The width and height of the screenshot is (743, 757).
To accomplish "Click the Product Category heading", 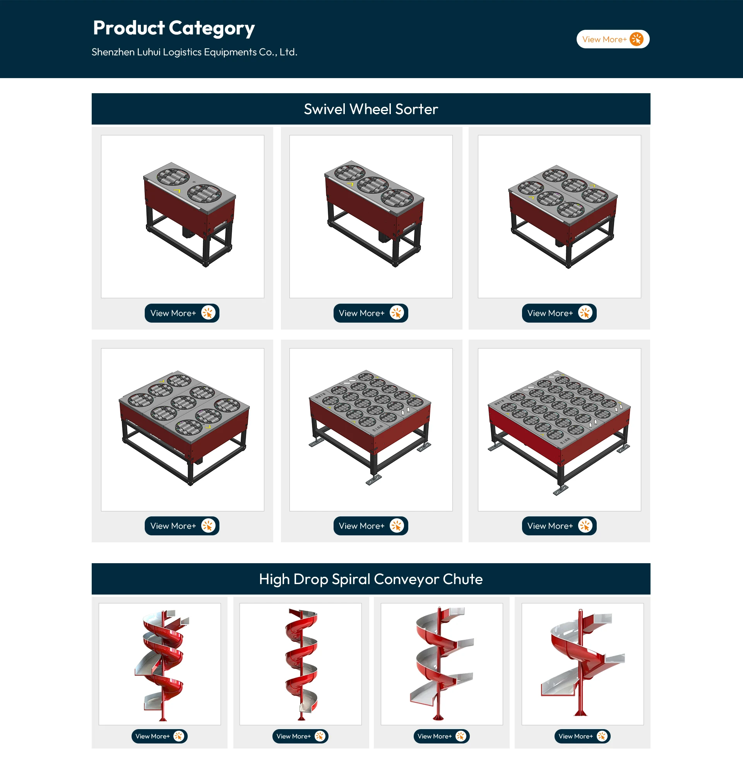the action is (x=174, y=28).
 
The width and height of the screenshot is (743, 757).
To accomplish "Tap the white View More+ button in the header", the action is (x=613, y=39).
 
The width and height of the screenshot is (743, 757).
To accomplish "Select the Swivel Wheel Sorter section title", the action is (x=371, y=109).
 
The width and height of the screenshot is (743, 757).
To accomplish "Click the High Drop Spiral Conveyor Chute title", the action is (x=371, y=579).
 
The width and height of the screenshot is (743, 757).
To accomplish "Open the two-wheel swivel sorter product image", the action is (x=183, y=217).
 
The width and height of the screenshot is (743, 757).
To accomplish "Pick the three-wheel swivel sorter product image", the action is (x=371, y=217).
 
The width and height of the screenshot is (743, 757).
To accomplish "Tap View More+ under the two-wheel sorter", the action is (x=182, y=313).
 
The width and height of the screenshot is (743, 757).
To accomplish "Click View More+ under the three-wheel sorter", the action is (x=371, y=313).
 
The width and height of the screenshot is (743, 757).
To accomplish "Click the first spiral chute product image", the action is (x=159, y=664).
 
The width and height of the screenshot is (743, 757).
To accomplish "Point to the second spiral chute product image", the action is (x=300, y=664).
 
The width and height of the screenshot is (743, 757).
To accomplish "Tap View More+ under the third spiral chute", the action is (x=442, y=736).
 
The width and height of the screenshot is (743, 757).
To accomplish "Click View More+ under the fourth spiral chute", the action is (x=582, y=736).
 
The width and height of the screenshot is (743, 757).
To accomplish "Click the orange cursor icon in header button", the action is (x=637, y=39).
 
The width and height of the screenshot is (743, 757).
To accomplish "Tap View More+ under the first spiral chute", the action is (x=159, y=736).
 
